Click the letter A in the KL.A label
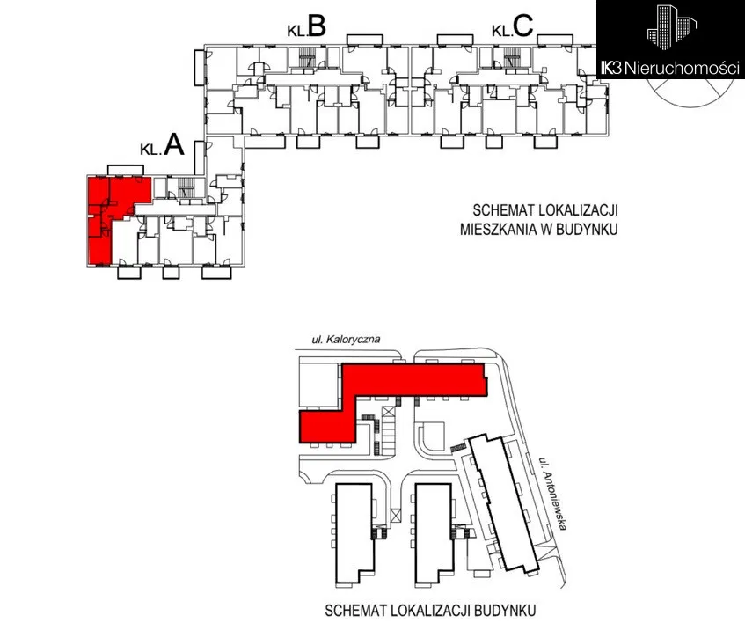[174, 146]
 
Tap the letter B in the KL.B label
[318, 28]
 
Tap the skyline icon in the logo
[670, 27]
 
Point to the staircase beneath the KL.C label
[510, 59]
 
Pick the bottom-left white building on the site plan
[353, 531]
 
